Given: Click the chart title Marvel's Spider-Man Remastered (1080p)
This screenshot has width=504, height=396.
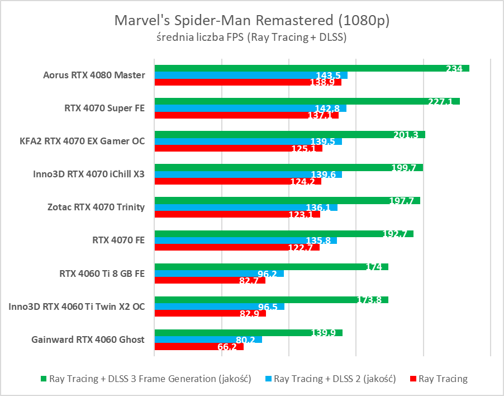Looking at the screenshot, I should [x=251, y=21].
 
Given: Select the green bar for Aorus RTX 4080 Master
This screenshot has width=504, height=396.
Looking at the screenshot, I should [x=311, y=68].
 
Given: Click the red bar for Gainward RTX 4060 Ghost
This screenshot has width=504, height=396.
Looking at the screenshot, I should [x=199, y=347].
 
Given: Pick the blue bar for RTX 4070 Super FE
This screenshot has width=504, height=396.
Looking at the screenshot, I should [x=250, y=108].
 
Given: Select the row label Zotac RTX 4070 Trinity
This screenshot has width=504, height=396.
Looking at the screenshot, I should [x=96, y=207].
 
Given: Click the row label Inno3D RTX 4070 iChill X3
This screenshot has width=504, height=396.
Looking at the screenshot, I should [x=89, y=174].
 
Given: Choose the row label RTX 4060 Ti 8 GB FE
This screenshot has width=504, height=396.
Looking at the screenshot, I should [x=102, y=274].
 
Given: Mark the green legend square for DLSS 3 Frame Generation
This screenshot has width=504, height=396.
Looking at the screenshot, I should [x=43, y=379].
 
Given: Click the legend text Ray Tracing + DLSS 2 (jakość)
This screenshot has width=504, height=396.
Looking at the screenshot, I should [x=335, y=379].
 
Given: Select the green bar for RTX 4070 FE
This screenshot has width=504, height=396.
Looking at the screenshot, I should [x=284, y=234].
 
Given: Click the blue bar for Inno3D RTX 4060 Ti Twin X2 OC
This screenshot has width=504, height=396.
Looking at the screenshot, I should [x=219, y=307].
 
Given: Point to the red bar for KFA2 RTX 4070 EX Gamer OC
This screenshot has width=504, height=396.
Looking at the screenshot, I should [x=238, y=148].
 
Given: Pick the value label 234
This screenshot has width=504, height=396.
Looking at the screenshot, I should [x=454, y=69].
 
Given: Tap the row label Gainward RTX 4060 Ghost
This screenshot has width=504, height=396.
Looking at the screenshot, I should [x=88, y=340].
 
